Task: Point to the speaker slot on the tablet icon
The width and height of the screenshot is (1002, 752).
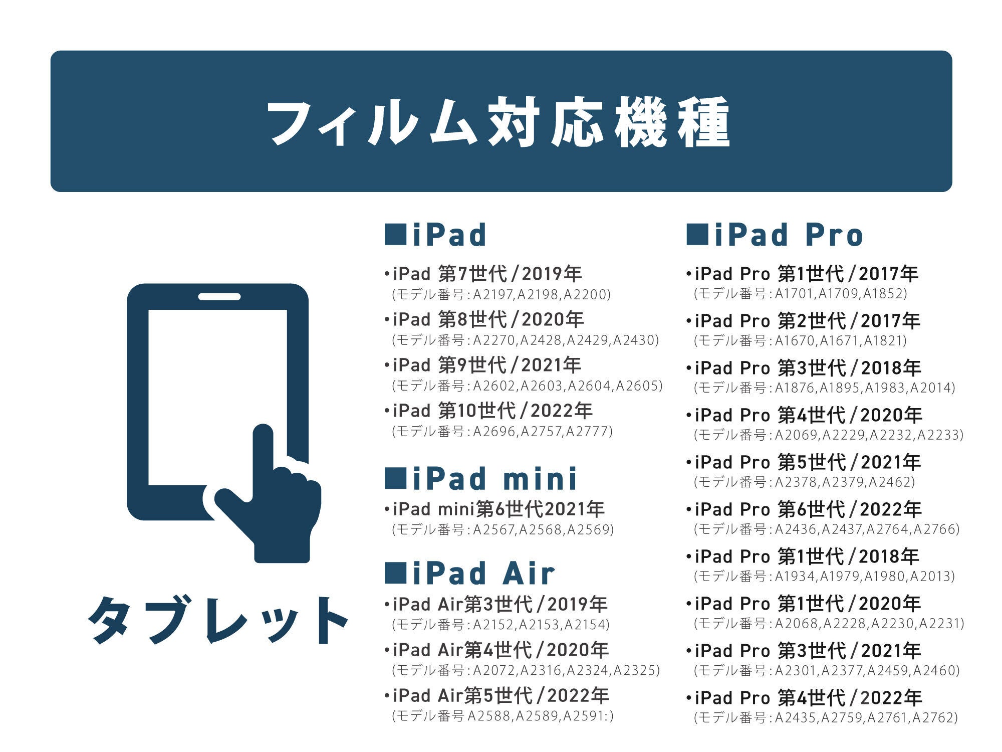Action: click(219, 296)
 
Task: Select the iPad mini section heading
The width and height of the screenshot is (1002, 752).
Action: click(481, 478)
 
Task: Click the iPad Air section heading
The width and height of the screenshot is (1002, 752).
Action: click(470, 573)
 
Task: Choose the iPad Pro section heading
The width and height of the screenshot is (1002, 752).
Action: click(775, 235)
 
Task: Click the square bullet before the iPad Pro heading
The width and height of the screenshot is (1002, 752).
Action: click(697, 235)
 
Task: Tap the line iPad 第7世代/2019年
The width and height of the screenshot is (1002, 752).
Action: click(483, 274)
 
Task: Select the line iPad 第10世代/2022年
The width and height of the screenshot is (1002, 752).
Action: click(488, 411)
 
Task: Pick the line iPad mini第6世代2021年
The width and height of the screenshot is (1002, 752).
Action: click(494, 509)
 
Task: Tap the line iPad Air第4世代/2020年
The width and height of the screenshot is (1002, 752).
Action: click(496, 650)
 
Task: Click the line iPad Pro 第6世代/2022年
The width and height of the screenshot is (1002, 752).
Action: click(804, 509)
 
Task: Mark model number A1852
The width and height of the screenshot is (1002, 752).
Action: click(882, 293)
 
